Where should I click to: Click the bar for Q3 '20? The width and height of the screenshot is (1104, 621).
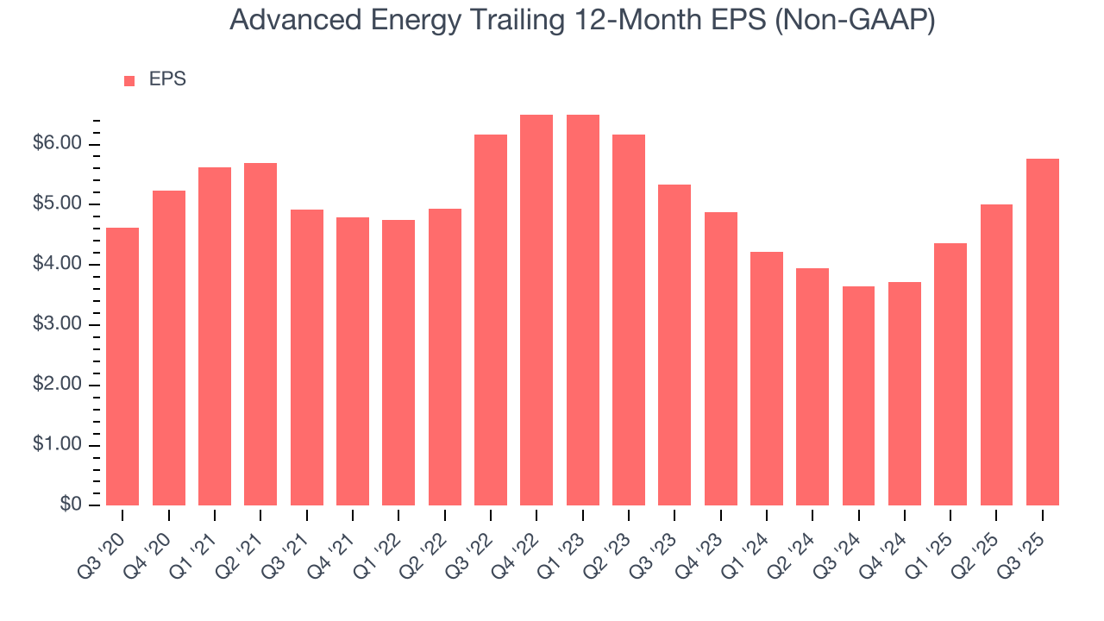(122, 367)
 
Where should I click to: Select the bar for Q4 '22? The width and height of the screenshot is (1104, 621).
(536, 310)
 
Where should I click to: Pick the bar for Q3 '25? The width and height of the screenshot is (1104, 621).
(1042, 332)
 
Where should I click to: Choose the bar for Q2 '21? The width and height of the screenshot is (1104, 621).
(260, 335)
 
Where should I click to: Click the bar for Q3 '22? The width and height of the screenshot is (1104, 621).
(491, 320)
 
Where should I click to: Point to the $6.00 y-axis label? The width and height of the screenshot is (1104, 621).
(57, 144)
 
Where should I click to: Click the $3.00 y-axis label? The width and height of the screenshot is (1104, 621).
(57, 325)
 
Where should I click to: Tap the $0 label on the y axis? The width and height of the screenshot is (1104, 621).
(71, 505)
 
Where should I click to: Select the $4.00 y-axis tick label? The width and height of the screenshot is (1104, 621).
(57, 265)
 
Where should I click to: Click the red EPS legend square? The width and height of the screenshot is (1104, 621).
(129, 81)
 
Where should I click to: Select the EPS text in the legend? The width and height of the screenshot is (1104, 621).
(167, 79)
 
